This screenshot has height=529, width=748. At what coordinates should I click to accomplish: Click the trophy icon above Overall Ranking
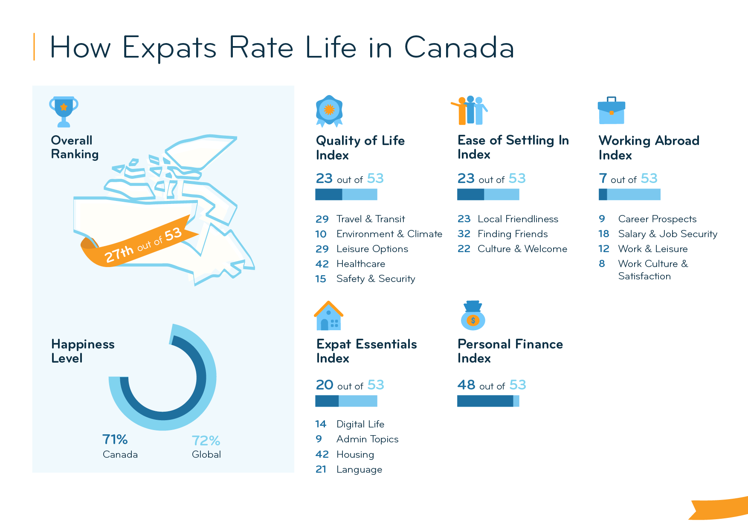click(x=64, y=111)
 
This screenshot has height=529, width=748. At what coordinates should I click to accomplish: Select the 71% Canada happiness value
click(x=115, y=439)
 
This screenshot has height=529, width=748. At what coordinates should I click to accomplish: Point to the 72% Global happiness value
click(x=206, y=441)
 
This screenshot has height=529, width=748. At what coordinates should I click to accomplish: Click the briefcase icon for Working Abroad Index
click(x=611, y=111)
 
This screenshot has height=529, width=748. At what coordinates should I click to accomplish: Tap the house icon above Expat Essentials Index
click(x=328, y=316)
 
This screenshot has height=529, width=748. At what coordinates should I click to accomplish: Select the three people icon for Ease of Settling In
click(x=470, y=110)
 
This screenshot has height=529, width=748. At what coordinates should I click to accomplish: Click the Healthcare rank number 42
click(x=322, y=264)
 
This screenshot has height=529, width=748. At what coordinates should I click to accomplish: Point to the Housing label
click(x=355, y=455)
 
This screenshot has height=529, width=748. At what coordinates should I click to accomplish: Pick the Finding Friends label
click(x=512, y=234)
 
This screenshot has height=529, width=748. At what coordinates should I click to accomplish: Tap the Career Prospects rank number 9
click(x=602, y=219)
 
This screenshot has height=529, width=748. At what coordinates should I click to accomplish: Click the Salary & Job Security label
click(x=667, y=234)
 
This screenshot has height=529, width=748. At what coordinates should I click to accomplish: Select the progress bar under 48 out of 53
click(x=488, y=401)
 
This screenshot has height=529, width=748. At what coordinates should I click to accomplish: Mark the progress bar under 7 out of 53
click(x=629, y=195)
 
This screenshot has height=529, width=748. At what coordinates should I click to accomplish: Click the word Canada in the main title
click(x=459, y=47)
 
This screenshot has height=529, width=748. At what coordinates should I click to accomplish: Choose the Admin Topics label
click(x=367, y=439)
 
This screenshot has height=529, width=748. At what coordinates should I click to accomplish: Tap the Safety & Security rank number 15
click(x=321, y=279)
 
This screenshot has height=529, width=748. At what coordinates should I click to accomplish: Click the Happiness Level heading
click(x=83, y=351)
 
